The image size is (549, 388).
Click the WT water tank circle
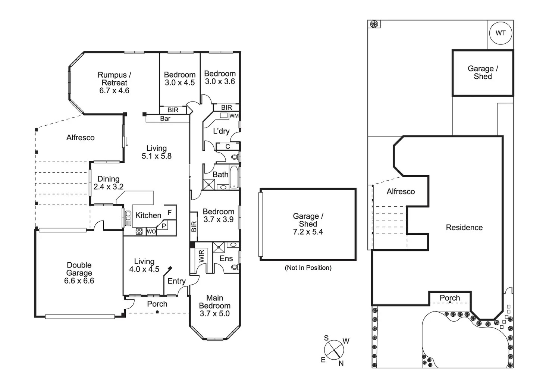(x=501, y=33)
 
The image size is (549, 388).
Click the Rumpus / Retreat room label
(x=114, y=79)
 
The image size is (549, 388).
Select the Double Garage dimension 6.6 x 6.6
(x=79, y=281)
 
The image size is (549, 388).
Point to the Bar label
(x=165, y=119)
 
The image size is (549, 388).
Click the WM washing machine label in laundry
(x=234, y=116)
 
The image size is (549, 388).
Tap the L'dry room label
(x=221, y=131)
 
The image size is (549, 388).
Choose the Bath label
(x=220, y=174)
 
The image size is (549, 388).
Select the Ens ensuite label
(x=226, y=259)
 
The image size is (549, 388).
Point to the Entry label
(x=176, y=281)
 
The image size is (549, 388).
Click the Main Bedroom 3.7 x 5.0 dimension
(x=214, y=314)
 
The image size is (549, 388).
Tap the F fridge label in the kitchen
(x=170, y=213)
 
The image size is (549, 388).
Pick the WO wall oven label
(x=151, y=232)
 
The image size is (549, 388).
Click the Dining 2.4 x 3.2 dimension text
(x=108, y=187)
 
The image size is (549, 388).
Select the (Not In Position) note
(x=308, y=267)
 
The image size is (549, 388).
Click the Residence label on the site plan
(x=464, y=228)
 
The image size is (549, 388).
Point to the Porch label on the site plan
(x=449, y=298)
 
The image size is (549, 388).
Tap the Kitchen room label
(x=148, y=215)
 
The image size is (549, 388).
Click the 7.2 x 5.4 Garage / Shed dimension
(x=308, y=232)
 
